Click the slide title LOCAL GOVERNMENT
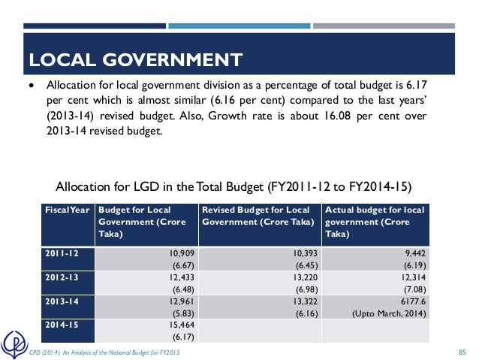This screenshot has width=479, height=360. [x=135, y=59]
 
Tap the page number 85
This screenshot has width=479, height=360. [x=462, y=352]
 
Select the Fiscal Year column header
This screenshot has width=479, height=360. [x=67, y=210]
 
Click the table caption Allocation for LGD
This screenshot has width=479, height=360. [x=234, y=186]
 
